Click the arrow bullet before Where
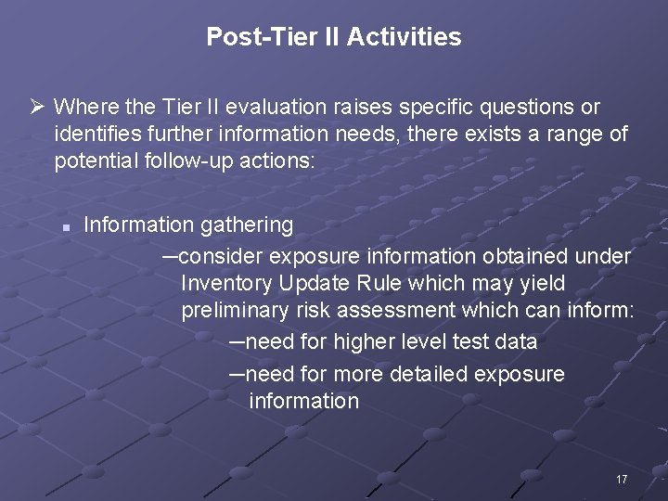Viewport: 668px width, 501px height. click(37, 108)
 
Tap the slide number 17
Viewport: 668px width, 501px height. click(622, 480)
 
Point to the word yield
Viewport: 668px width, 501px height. click(540, 282)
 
